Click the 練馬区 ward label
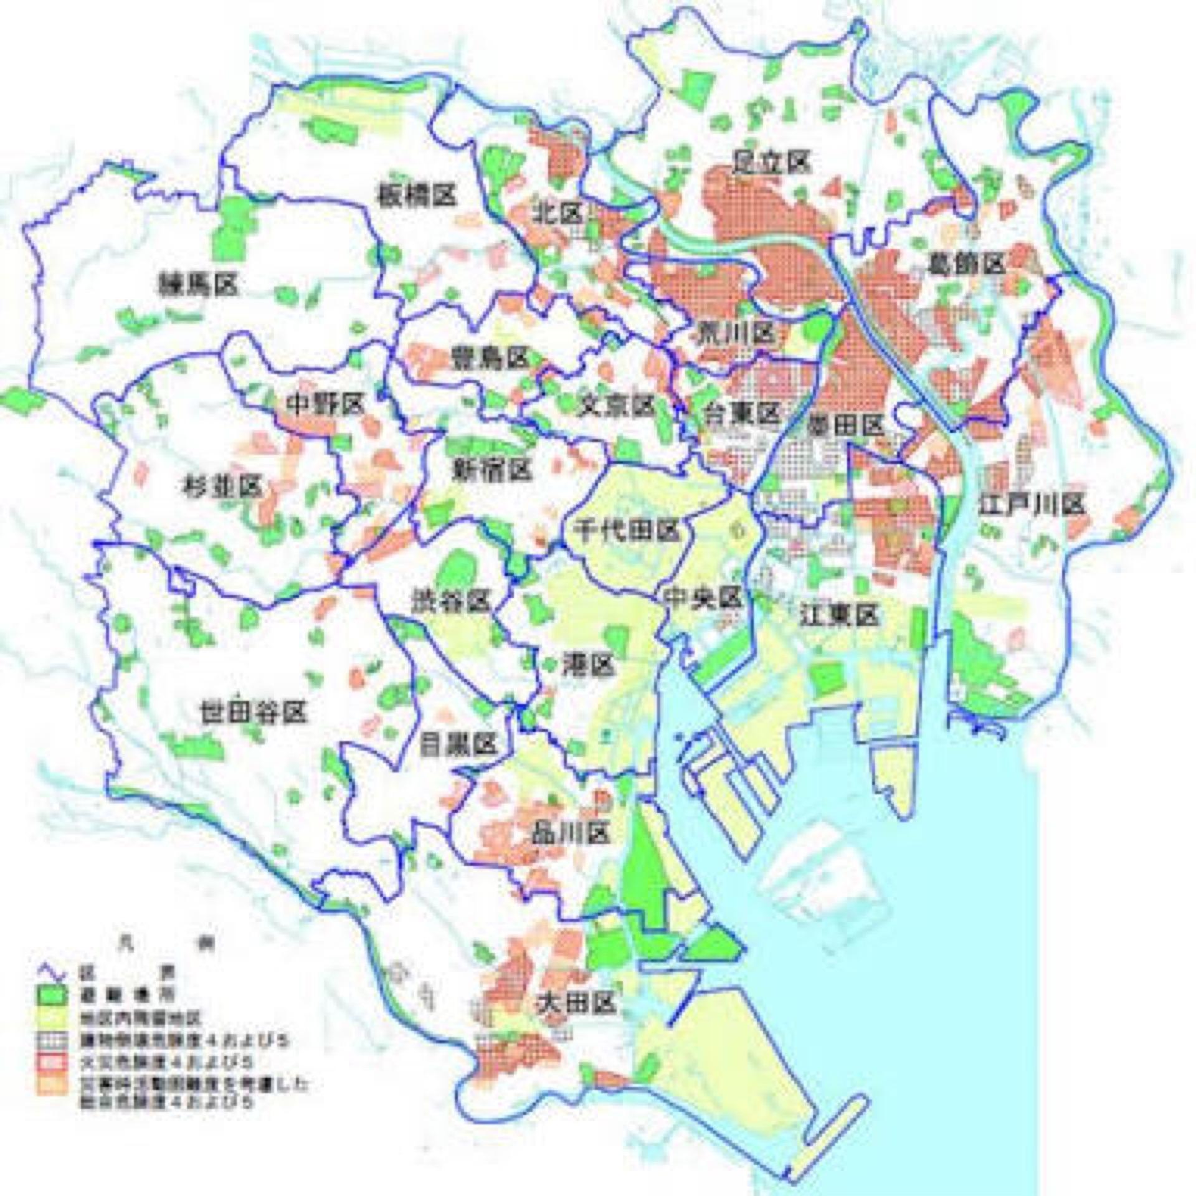click(x=199, y=286)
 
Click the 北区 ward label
click(x=558, y=214)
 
